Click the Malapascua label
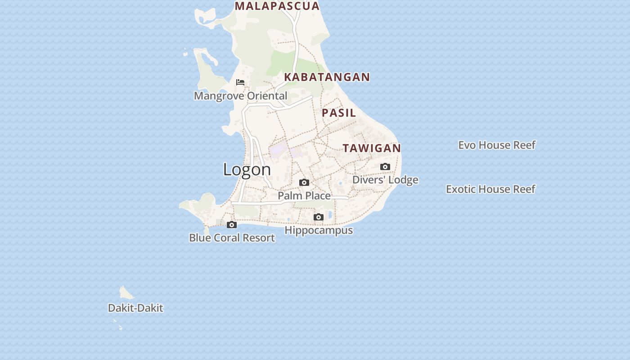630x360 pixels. [x=277, y=6]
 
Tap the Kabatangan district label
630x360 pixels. [x=327, y=77]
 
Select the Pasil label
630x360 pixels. [x=339, y=112]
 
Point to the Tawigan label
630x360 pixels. [x=372, y=148]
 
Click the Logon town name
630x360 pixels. [x=247, y=169]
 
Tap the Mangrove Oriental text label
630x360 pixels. [x=240, y=96]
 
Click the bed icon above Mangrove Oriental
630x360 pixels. [x=240, y=82]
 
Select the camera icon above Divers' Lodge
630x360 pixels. [x=385, y=167]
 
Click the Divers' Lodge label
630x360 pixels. [x=385, y=180]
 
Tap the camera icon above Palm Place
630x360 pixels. [x=304, y=183]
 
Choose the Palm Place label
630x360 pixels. [x=304, y=196]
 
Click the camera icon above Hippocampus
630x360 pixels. [x=318, y=217]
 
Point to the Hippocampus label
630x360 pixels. [x=319, y=230]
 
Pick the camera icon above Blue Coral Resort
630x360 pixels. [x=232, y=225]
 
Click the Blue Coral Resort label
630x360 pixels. [x=232, y=238]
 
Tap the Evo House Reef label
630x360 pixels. [x=497, y=145]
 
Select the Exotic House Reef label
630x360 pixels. [x=490, y=189]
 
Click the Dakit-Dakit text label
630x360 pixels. [x=135, y=308]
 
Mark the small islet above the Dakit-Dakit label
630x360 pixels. [x=126, y=293]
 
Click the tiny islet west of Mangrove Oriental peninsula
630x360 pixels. [x=185, y=54]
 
